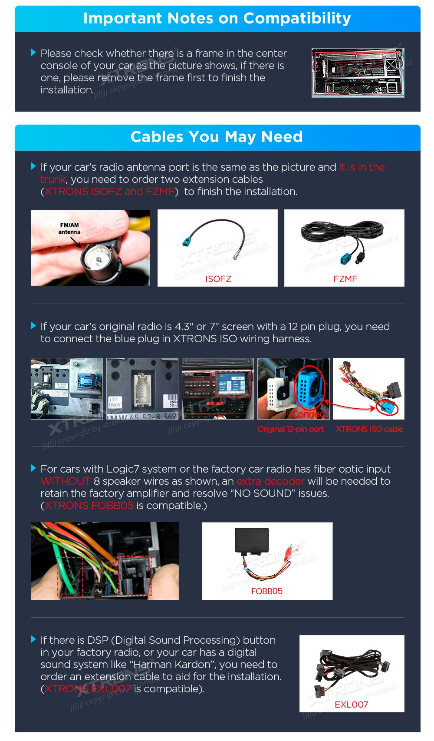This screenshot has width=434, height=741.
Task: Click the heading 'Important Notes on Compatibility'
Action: (x=217, y=19)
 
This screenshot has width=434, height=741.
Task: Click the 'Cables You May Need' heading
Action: (x=217, y=137)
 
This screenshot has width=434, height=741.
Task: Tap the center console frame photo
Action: (x=358, y=73)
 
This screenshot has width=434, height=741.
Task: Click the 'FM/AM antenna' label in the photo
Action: (x=69, y=228)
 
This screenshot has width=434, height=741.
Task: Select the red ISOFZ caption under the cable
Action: (x=218, y=279)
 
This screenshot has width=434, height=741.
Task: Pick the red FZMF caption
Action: (x=345, y=279)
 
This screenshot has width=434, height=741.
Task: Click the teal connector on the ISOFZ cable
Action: (x=187, y=241)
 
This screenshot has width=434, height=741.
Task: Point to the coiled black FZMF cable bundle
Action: (x=342, y=231)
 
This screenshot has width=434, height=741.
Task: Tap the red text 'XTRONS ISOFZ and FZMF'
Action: (x=109, y=192)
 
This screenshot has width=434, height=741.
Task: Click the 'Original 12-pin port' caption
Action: (x=290, y=429)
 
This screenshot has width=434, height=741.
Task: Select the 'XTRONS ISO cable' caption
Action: (x=369, y=429)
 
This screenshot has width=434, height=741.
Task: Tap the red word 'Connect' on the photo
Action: (x=309, y=414)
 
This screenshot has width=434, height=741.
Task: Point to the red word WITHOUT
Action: (x=65, y=481)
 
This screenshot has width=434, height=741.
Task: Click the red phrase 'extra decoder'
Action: (x=270, y=481)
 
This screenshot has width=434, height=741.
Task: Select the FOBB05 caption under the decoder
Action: (x=267, y=591)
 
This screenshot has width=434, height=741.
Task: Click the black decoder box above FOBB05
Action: (x=252, y=541)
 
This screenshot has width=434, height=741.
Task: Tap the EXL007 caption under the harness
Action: (x=352, y=704)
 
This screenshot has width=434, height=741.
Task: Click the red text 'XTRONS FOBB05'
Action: (x=89, y=506)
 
